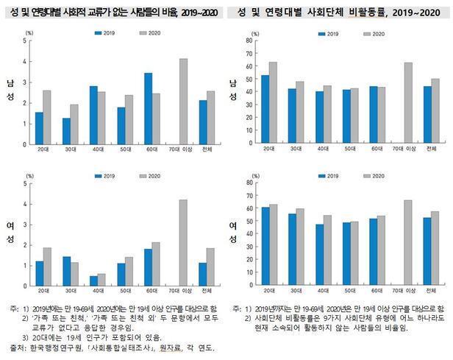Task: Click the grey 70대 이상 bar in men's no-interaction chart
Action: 184,90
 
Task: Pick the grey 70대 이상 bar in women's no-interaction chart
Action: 184,242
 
